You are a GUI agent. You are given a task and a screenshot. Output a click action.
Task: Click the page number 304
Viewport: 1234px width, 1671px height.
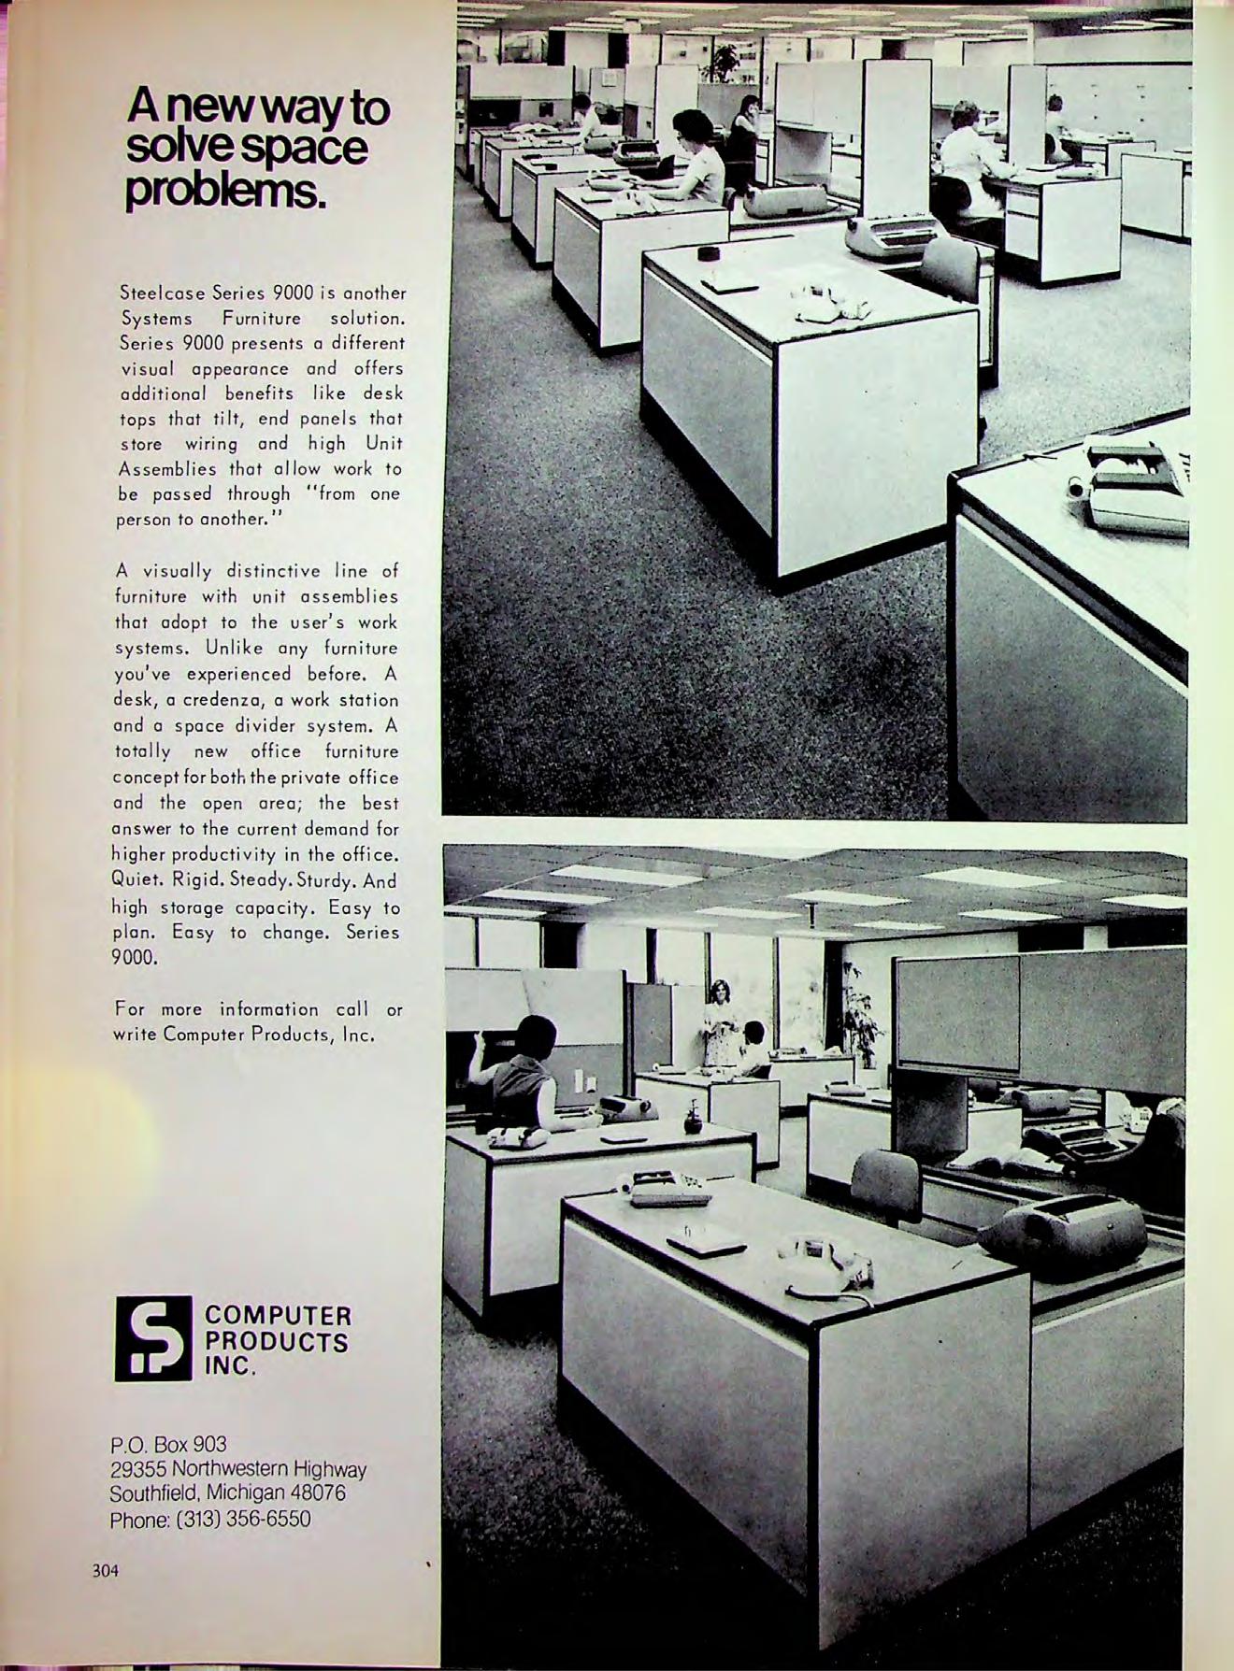coord(106,1571)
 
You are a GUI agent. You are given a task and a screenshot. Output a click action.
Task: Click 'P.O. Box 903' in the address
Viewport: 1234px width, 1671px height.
coord(168,1444)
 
